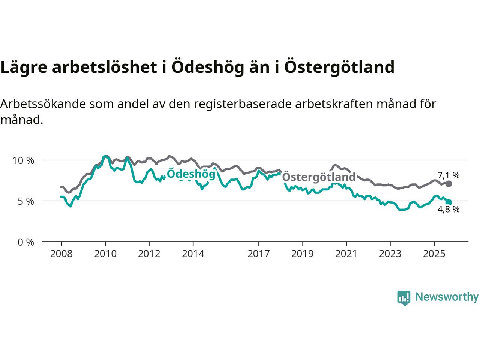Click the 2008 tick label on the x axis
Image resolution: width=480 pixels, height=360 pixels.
tap(61, 254)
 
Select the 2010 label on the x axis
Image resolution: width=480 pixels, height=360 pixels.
tap(105, 254)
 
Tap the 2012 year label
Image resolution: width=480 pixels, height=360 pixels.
tap(149, 254)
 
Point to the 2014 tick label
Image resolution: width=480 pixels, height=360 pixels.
tap(193, 254)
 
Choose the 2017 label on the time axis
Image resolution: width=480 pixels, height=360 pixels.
tap(258, 254)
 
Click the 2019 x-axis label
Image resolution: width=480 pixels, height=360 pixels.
tap(302, 254)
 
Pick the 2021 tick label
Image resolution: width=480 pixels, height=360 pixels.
tap(346, 254)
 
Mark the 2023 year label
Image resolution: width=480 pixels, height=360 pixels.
tap(390, 254)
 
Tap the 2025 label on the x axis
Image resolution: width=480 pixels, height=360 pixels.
tap(434, 254)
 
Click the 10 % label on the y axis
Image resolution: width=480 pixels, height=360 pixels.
tap(23, 160)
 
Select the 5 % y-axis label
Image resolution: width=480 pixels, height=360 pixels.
tap(26, 201)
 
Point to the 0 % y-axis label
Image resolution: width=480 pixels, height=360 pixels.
tap(26, 242)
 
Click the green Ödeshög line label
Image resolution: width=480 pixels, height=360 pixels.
tap(191, 174)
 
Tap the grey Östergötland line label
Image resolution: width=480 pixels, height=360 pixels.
tap(318, 177)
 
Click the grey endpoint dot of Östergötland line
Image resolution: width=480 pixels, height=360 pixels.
tap(448, 184)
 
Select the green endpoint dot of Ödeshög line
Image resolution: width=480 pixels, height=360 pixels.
tap(448, 202)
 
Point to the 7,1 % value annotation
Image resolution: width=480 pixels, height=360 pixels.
tap(448, 175)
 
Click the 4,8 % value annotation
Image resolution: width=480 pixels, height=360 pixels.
tap(448, 210)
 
